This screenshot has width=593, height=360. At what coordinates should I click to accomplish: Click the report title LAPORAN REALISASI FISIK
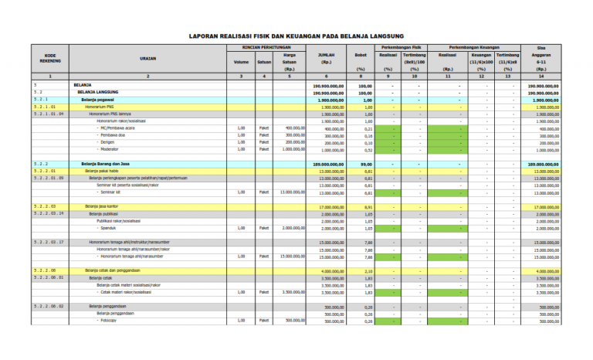[x=296, y=36]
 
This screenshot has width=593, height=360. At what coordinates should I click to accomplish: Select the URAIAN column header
[x=147, y=58]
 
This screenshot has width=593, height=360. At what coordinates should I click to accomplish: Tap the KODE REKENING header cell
[x=50, y=58]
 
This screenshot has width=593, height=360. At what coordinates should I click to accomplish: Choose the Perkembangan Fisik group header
[x=401, y=47]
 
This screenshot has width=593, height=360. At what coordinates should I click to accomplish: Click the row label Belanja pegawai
[x=98, y=100]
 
